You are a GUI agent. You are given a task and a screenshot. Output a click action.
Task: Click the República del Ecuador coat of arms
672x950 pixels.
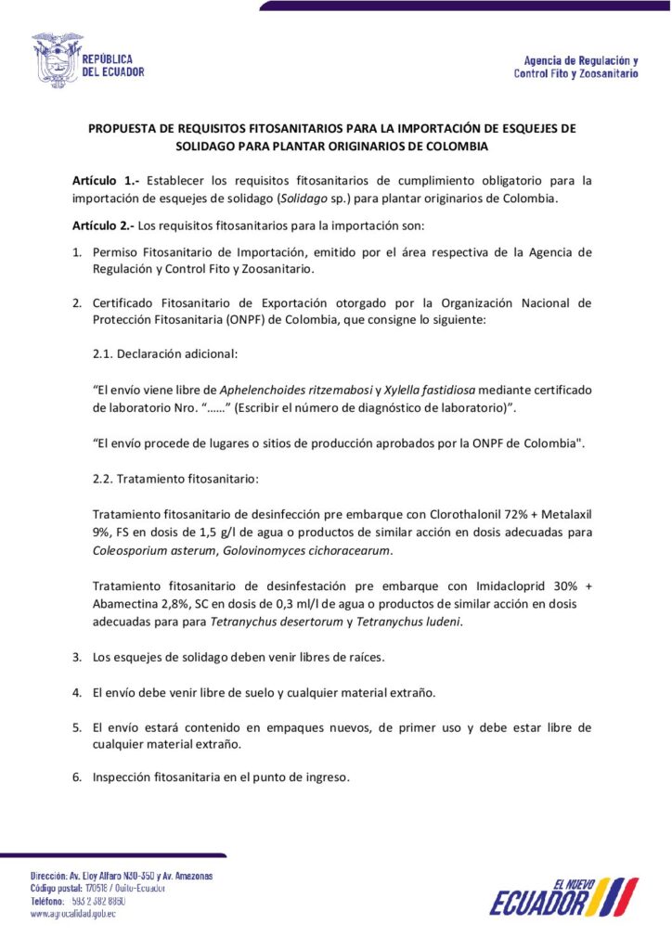[x=57, y=59]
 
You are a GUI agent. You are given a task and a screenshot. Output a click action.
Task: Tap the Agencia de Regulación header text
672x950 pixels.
[x=575, y=66]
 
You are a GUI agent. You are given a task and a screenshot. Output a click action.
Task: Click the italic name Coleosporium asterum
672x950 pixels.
[x=154, y=550]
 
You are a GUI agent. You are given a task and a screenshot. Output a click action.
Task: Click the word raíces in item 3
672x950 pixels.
[x=364, y=657]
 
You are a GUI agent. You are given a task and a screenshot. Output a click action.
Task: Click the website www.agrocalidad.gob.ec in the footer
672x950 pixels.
[x=73, y=914]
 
